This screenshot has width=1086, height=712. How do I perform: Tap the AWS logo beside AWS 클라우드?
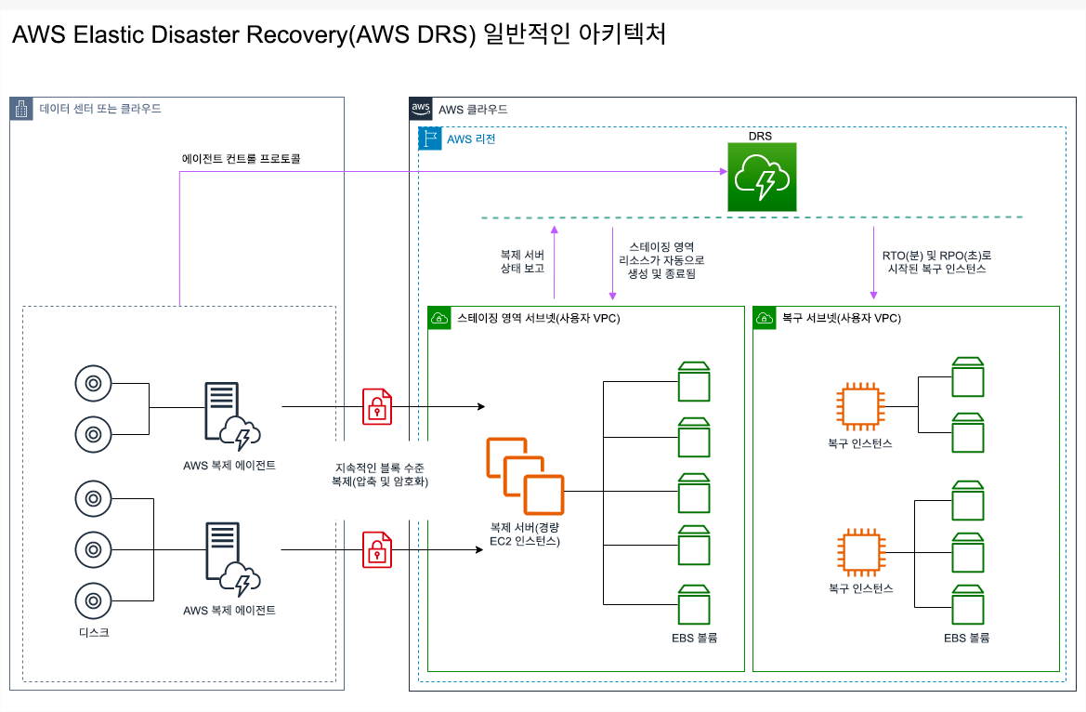click(422, 109)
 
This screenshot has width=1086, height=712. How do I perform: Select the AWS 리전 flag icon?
click(430, 138)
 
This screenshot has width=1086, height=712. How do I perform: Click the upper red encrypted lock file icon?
click(376, 406)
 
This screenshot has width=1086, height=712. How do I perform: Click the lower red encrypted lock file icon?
click(376, 549)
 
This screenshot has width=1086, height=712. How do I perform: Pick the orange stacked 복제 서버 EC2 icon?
click(525, 476)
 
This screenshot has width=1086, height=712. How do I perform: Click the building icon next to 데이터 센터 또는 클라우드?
click(22, 109)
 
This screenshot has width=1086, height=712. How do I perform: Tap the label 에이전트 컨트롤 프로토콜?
click(241, 159)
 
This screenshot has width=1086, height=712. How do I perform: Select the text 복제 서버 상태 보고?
click(521, 261)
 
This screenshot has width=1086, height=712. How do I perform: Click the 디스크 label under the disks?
click(93, 632)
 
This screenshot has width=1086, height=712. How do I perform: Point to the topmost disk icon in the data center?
click(93, 382)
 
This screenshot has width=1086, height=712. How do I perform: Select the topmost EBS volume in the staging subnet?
click(694, 378)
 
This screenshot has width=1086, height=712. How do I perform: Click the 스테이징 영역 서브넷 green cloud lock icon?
click(439, 318)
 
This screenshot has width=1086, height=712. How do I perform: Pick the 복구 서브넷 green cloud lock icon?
click(765, 318)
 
